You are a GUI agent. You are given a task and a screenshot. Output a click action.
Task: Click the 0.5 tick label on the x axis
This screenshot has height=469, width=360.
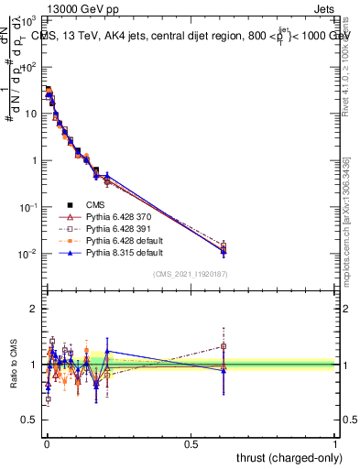click(x=191, y=442)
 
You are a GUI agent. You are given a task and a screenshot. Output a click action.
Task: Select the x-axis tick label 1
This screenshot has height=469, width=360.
click(x=336, y=442)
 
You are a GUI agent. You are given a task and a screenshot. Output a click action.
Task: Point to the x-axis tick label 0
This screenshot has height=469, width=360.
click(x=47, y=442)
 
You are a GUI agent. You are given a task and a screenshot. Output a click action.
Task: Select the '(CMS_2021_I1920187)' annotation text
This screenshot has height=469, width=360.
click(x=191, y=274)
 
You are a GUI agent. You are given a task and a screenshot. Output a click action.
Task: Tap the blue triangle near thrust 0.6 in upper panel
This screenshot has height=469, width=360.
click(x=224, y=251)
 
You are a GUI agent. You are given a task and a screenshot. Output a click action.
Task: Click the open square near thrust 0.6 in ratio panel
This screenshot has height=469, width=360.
click(x=224, y=345)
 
